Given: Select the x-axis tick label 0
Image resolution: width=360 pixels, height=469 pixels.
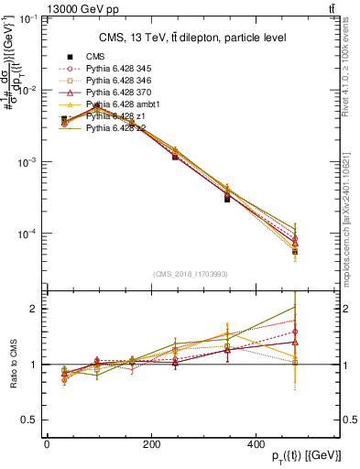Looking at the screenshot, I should [47, 443].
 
